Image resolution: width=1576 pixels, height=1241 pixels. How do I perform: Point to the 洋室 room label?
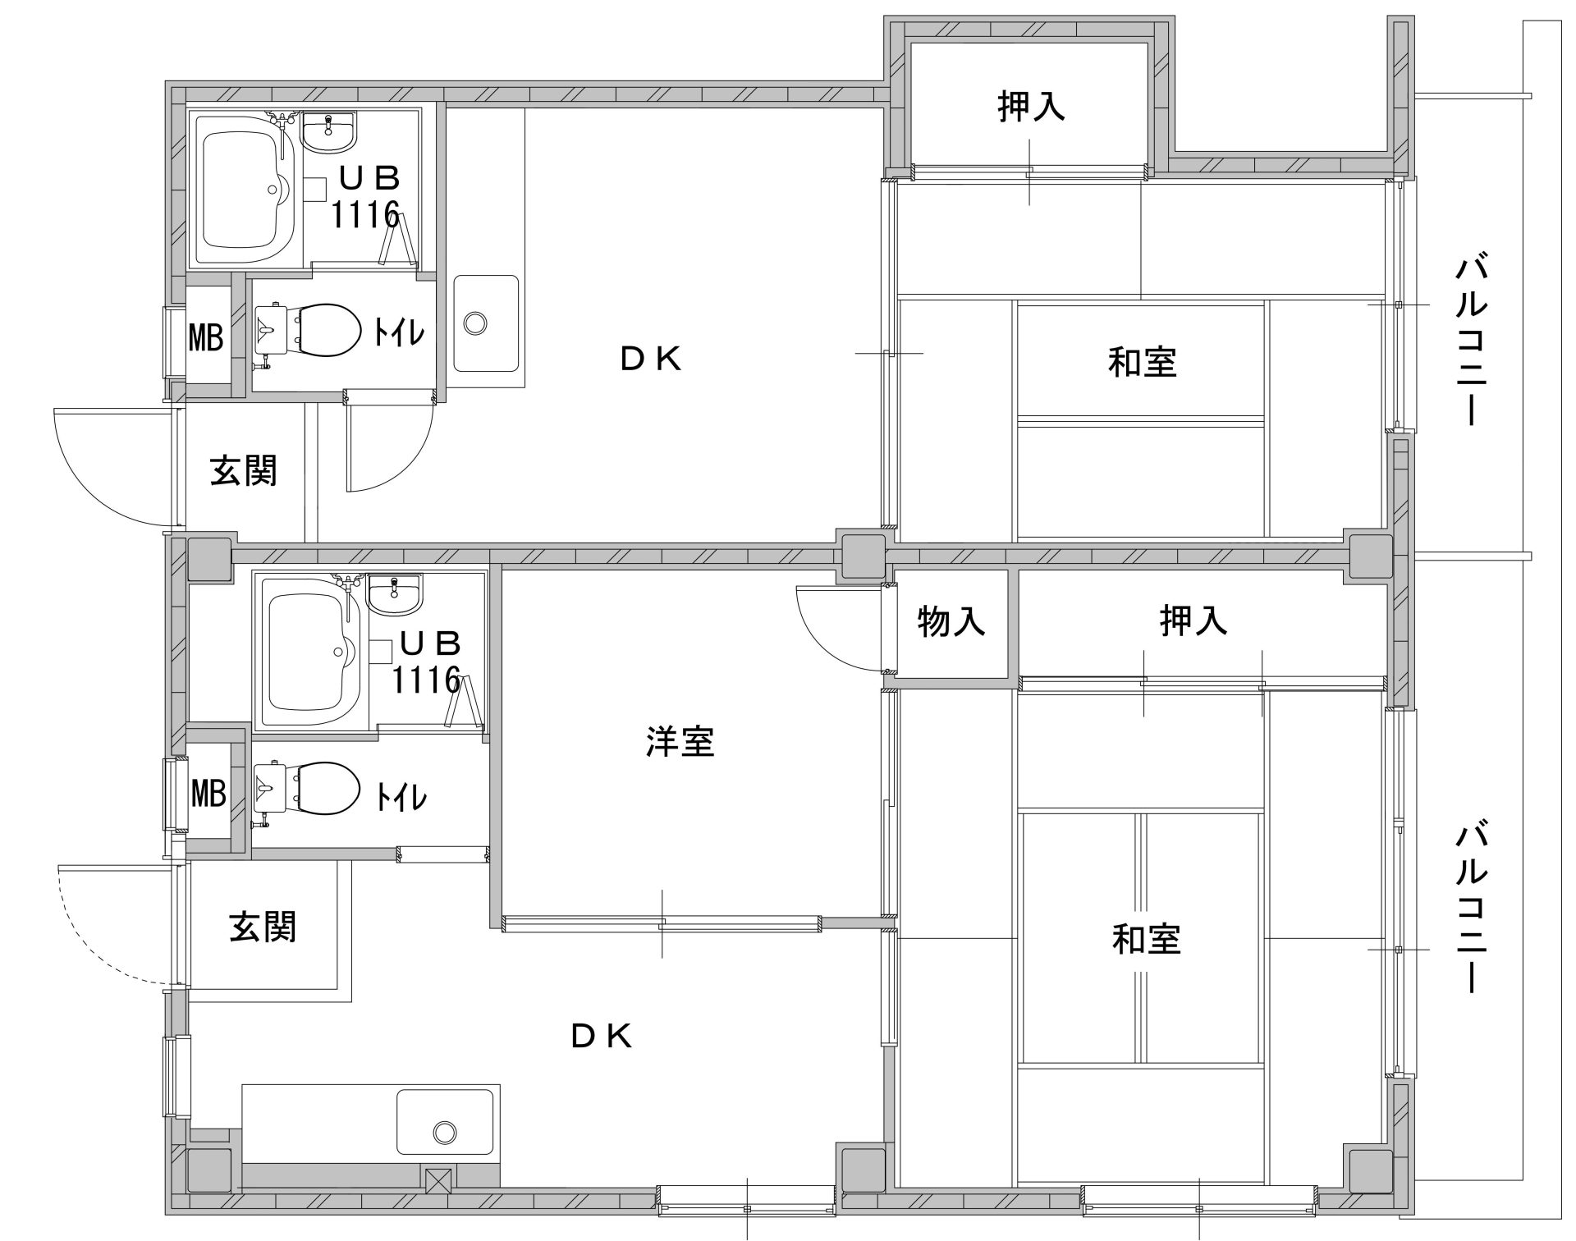[x=680, y=741]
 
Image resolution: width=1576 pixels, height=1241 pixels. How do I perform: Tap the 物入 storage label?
[x=951, y=621]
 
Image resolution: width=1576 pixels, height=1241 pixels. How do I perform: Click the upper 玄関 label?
[x=244, y=470]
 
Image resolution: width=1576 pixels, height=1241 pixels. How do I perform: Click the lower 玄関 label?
[x=263, y=927]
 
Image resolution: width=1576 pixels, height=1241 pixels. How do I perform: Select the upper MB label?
[x=206, y=337]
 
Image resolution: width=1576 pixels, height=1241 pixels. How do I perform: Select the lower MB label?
[x=208, y=793]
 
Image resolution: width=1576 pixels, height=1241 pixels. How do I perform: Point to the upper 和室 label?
[x=1143, y=361]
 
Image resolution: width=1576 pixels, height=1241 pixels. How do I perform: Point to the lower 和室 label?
[x=1147, y=939]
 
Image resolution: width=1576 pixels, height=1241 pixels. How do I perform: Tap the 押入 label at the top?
[x=1032, y=106]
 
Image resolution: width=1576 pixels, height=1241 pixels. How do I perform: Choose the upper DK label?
[x=651, y=359]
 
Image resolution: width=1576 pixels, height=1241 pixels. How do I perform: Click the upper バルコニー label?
[x=1471, y=341]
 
